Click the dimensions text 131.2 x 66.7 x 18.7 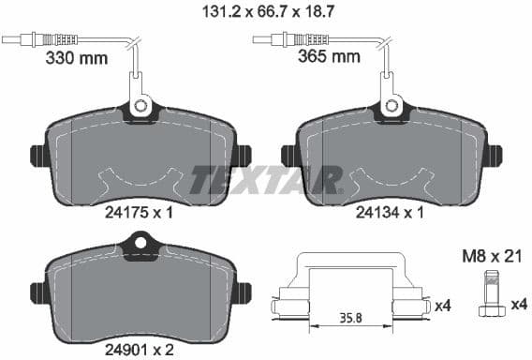265,12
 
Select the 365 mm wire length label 330,57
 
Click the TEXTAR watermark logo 266,179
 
